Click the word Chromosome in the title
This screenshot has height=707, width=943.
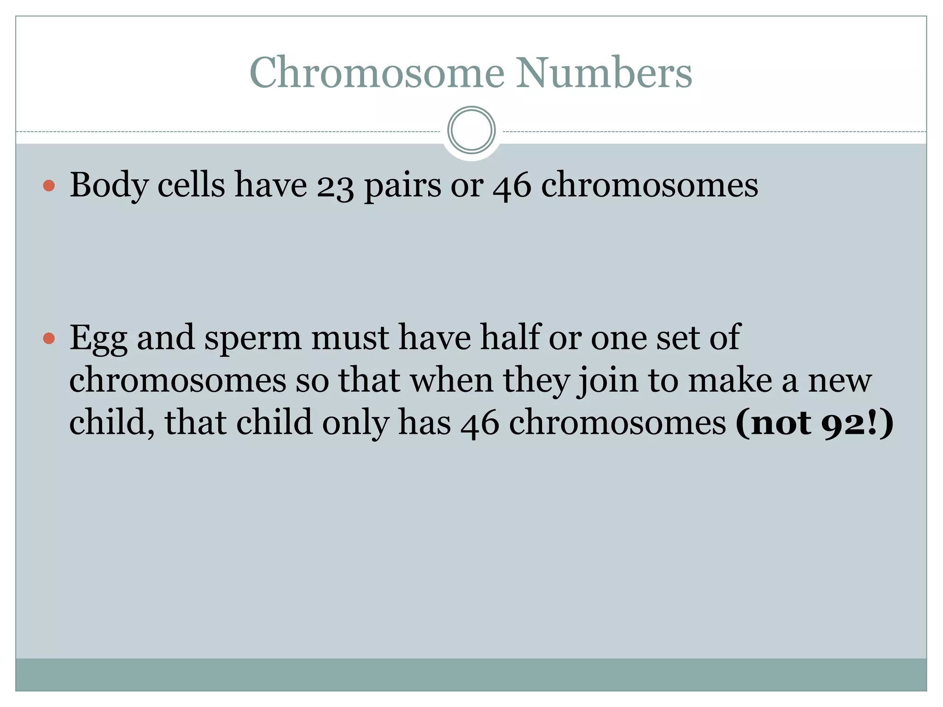coord(377,72)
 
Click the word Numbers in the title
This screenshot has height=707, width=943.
coord(604,72)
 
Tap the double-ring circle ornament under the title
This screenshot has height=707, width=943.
coord(471,130)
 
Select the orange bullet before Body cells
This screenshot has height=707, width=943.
coord(49,186)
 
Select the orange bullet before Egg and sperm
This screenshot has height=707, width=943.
coord(49,339)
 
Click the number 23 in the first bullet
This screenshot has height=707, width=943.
coord(335,186)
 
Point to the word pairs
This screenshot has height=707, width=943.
coord(402,186)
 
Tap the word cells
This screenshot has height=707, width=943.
coord(191,185)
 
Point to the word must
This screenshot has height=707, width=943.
coord(349,338)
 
